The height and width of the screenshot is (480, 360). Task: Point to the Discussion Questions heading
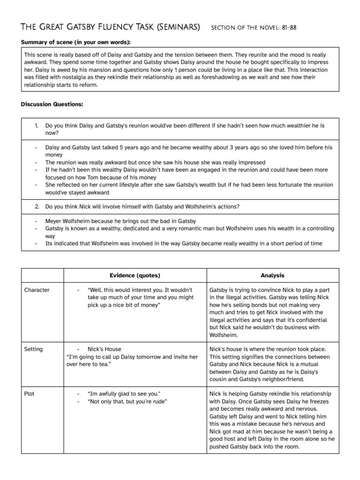tap(52, 104)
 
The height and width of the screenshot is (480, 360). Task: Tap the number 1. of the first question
tap(37, 126)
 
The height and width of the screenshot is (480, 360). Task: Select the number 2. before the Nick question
tap(37, 207)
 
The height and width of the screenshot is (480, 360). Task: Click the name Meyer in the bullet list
tap(54, 221)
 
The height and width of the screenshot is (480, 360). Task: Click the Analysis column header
tap(272, 275)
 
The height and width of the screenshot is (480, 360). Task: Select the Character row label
tap(37, 290)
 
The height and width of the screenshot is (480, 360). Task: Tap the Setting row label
tap(33, 349)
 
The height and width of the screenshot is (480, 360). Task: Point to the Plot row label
tap(29, 393)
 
